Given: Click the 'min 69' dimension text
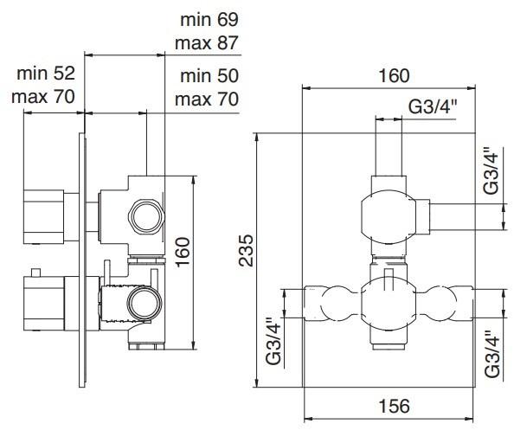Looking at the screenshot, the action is pyautogui.click(x=209, y=20).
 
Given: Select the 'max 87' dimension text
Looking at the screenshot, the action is pyautogui.click(x=207, y=43).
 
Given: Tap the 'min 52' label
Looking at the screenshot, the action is pyautogui.click(x=46, y=73).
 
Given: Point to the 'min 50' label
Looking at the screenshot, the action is pyautogui.click(x=209, y=76).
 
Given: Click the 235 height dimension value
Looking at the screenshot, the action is pyautogui.click(x=247, y=250).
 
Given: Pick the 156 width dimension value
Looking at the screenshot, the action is pyautogui.click(x=395, y=406).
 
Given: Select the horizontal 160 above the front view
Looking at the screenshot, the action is pyautogui.click(x=395, y=76).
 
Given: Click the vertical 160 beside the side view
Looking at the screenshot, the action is pyautogui.click(x=183, y=252).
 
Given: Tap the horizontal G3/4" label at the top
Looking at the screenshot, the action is pyautogui.click(x=433, y=106).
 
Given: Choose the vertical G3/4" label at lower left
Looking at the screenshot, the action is pyautogui.click(x=274, y=341).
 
